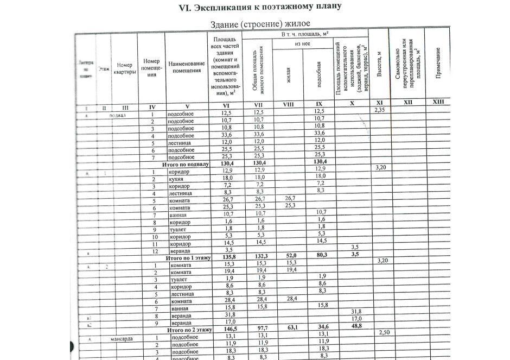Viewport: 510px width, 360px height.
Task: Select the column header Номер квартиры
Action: pyautogui.click(x=124, y=68)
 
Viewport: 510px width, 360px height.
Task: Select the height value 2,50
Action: pyautogui.click(x=384, y=332)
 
